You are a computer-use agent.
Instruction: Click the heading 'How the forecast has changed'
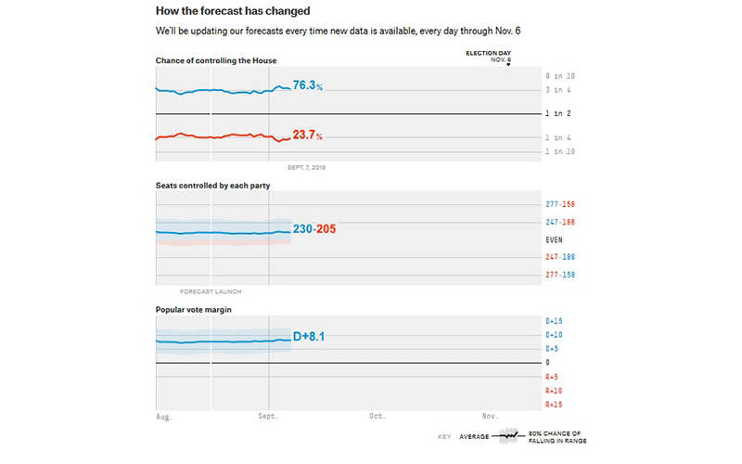(x=233, y=11)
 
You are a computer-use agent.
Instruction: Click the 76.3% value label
(x=307, y=85)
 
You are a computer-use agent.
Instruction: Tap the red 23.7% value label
(x=307, y=135)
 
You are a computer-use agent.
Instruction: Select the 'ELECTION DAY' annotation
(x=488, y=54)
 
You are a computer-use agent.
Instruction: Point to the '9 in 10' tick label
(x=559, y=75)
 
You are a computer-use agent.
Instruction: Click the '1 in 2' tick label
(x=558, y=113)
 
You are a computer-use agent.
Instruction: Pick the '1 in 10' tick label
(x=559, y=150)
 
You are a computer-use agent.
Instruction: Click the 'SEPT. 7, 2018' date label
(x=307, y=168)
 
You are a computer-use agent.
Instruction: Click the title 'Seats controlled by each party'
(x=212, y=186)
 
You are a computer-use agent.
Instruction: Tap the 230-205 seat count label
(x=314, y=230)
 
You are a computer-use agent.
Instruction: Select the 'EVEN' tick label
(x=553, y=239)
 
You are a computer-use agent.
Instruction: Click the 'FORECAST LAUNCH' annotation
(x=210, y=291)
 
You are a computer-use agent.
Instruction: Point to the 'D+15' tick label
(x=554, y=321)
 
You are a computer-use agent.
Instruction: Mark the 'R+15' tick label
(x=554, y=405)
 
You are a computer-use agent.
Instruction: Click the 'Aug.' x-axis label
(x=164, y=417)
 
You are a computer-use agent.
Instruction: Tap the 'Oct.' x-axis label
(x=377, y=417)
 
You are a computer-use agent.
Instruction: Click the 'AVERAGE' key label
(x=474, y=436)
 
